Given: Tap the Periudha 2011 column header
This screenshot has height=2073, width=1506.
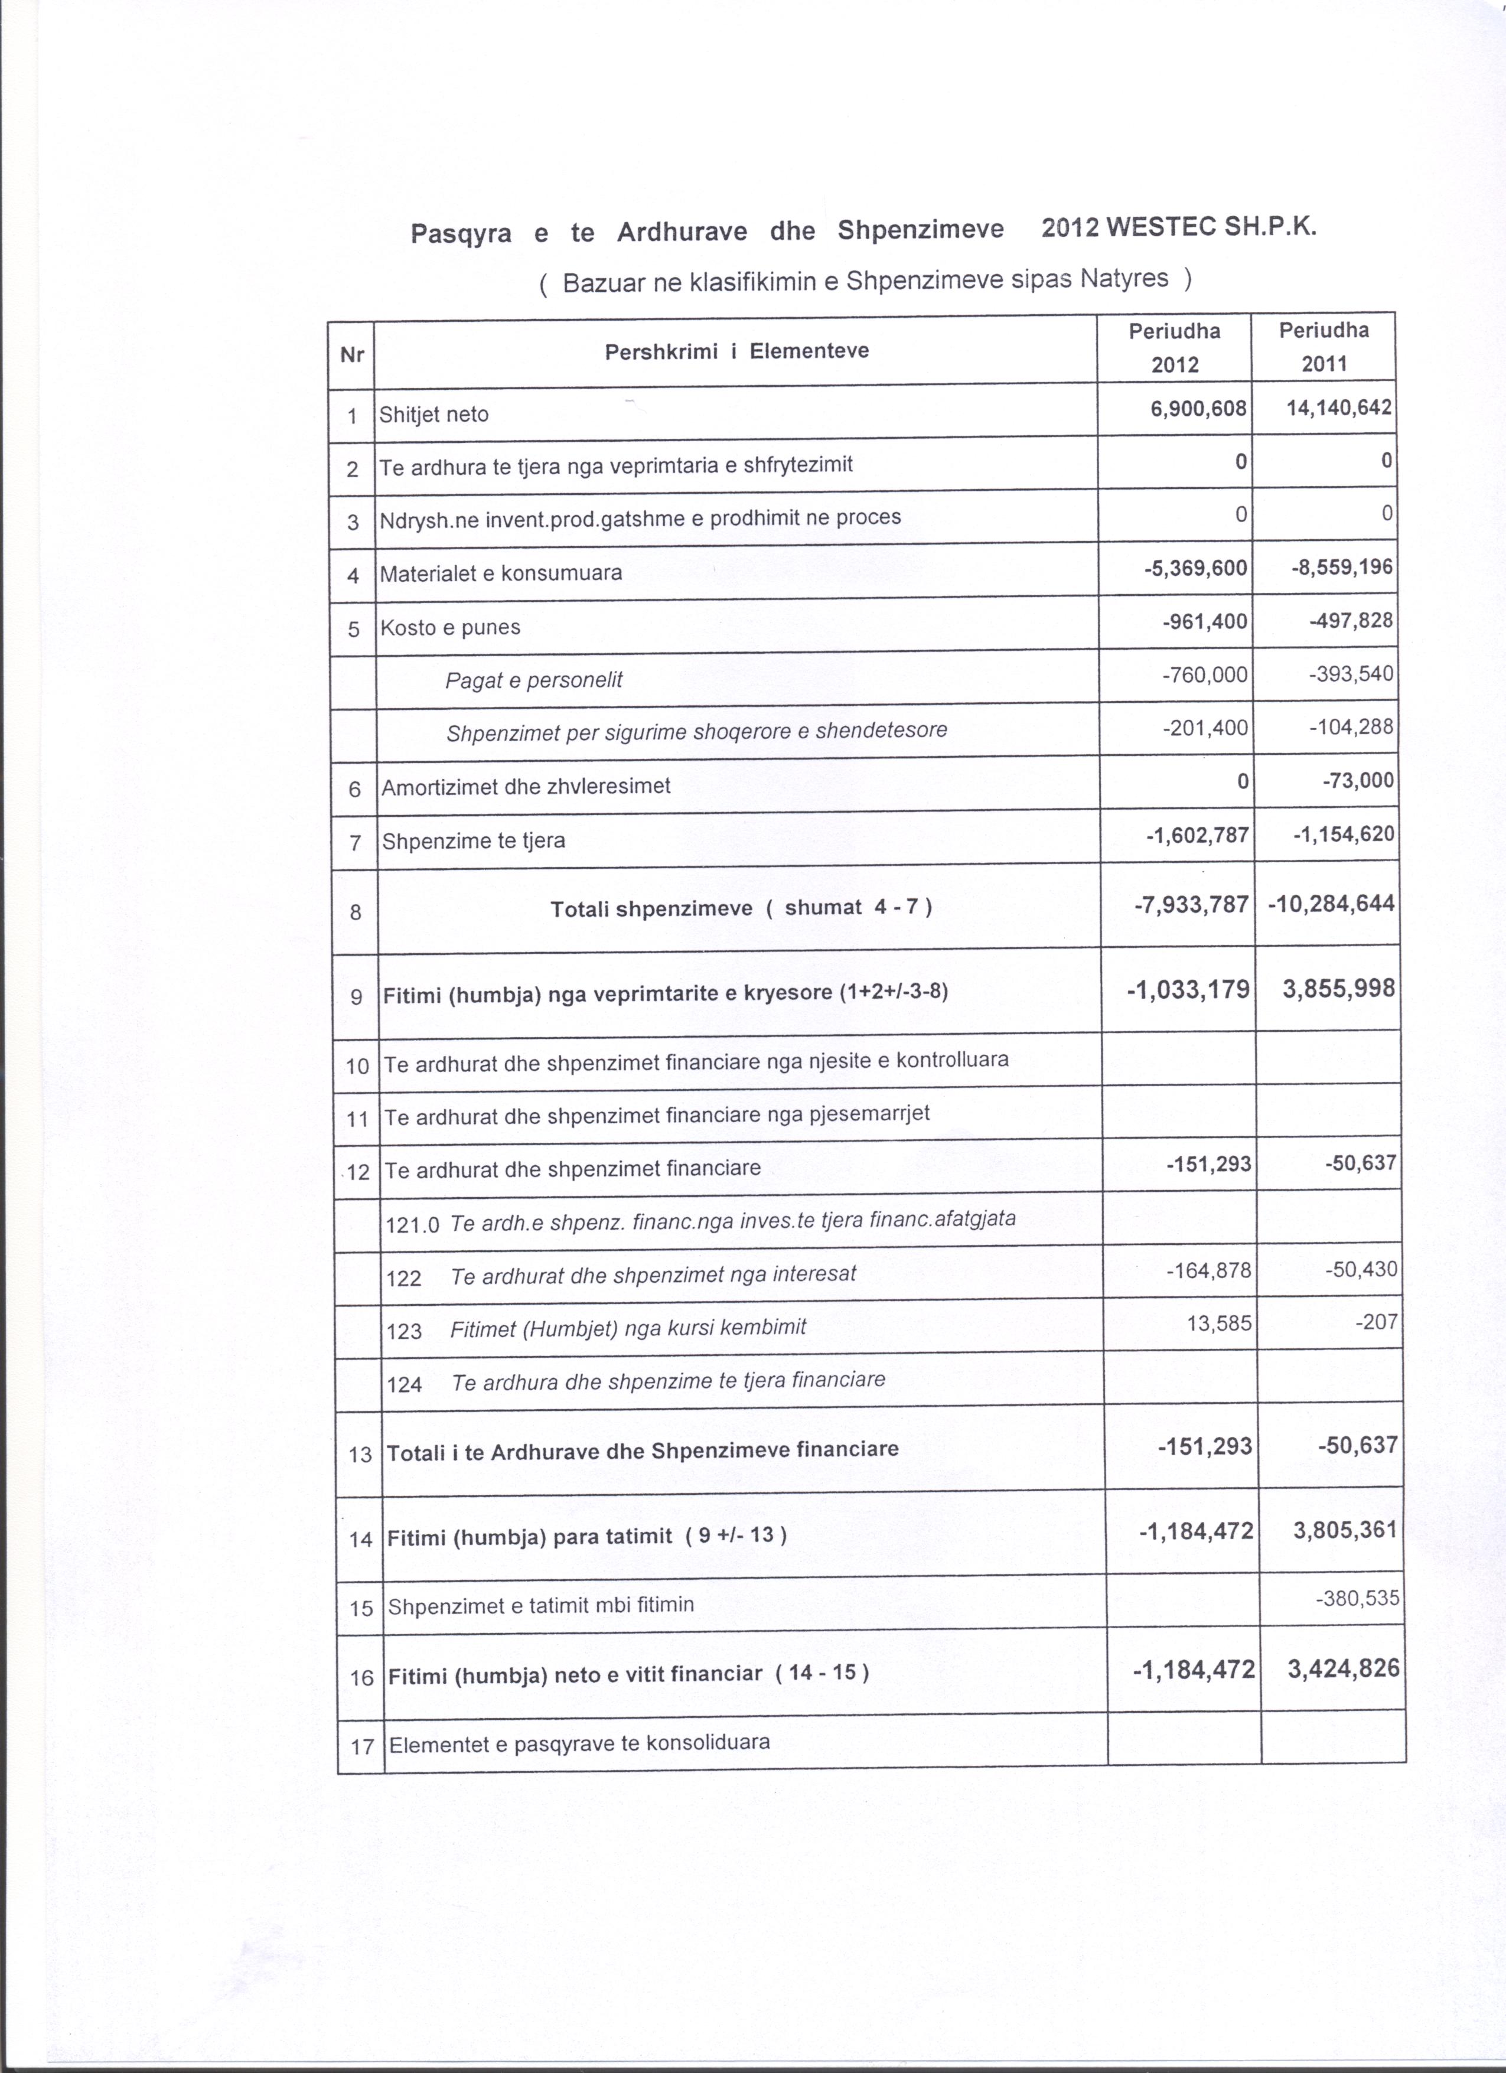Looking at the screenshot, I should point(1324,347).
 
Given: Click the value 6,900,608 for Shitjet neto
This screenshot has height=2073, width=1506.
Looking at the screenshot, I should point(1199,409).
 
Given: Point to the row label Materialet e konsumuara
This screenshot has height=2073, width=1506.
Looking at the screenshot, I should point(501,573).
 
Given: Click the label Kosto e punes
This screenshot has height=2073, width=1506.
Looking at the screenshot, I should point(451,627).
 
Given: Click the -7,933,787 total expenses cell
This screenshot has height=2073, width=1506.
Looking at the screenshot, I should point(1191,905).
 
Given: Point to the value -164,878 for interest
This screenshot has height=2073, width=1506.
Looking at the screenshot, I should point(1208,1270).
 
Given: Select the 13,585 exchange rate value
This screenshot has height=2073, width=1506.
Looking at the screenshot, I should point(1218,1322).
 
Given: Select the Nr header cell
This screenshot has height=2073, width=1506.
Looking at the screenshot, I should point(352,354).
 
